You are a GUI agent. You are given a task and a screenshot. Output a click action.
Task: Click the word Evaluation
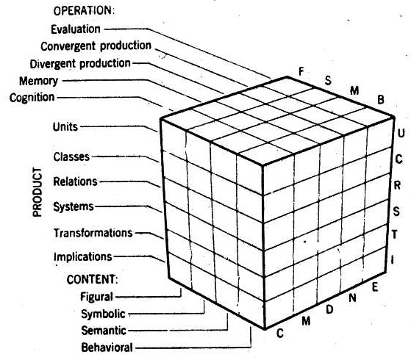coord(76,29)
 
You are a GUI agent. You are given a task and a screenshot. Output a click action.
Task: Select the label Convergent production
coord(96,46)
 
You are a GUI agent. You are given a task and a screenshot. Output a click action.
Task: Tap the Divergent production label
coord(80,64)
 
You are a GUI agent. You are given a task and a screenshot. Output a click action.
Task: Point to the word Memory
coord(38,81)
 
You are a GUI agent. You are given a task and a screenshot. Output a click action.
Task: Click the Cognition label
coord(32,98)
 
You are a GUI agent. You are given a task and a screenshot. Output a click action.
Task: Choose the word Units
coord(65,127)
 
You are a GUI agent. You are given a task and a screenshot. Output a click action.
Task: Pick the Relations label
coord(75,181)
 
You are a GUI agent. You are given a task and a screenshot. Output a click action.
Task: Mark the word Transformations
coord(93,233)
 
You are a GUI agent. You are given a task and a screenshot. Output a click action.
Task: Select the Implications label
coord(83,256)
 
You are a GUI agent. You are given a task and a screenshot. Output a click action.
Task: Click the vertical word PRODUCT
coord(37,192)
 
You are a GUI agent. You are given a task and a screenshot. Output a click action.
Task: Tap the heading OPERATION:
coord(84,10)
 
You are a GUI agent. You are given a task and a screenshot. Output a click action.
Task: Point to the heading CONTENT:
coord(92,279)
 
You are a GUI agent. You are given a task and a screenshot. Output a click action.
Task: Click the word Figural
coord(96,297)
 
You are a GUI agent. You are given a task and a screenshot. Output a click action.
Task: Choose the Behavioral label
coord(107,348)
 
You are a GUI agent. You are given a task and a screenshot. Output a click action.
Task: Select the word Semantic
coord(104,331)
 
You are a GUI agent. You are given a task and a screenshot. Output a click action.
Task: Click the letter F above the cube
coord(301,71)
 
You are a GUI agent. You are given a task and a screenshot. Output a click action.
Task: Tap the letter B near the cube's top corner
coord(381,100)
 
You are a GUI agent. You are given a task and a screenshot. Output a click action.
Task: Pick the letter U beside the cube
coord(401,134)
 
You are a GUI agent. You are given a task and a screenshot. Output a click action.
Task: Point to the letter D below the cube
coord(329,309)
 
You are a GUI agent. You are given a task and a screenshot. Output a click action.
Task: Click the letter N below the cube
coord(352,298)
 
